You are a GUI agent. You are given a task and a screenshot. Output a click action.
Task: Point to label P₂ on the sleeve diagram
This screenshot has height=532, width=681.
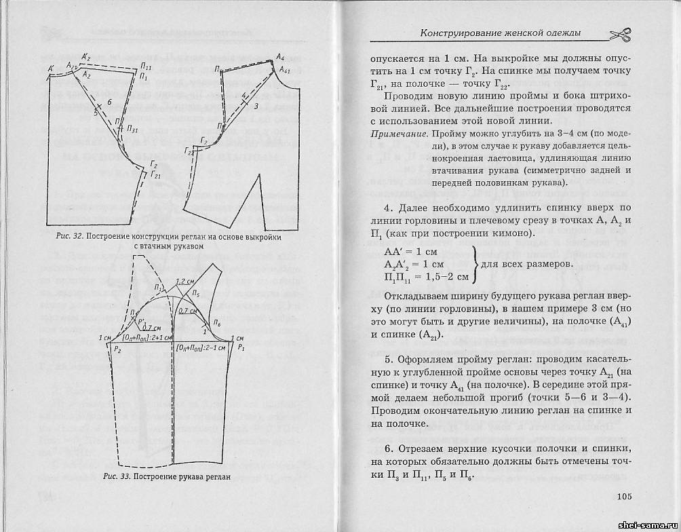(x=117, y=349)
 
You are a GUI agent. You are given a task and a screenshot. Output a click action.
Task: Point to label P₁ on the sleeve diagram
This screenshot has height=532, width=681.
(x=241, y=347)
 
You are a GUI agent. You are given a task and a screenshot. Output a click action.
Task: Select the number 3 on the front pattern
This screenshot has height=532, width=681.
(x=256, y=107)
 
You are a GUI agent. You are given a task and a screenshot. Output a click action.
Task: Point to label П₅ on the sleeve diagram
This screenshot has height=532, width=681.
(x=195, y=294)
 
